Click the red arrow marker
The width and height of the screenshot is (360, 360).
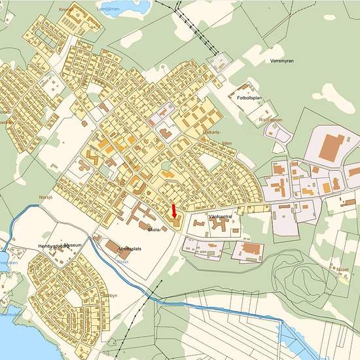point(173,211)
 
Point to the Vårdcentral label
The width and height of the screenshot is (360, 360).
point(220,215)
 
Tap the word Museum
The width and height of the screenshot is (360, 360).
point(72,245)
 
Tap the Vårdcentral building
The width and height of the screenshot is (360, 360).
point(219,226)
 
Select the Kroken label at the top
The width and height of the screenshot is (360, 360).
point(66,10)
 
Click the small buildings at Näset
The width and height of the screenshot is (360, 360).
point(340,275)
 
